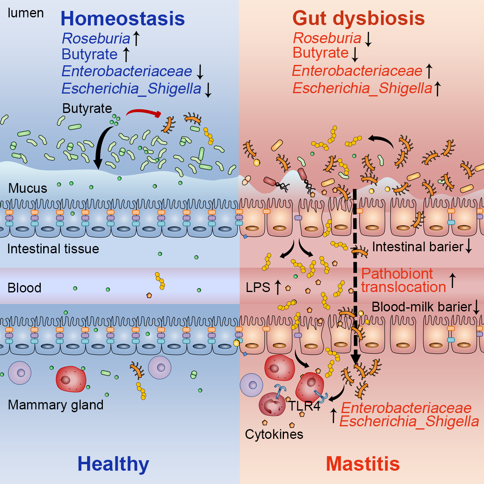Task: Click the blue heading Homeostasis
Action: [123, 19]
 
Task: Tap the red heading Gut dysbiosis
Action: [358, 18]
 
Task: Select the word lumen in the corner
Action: [25, 13]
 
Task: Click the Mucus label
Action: [27, 188]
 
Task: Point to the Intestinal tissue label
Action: [53, 248]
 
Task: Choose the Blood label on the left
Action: [24, 288]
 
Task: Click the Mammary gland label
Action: [56, 405]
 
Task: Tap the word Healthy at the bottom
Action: [113, 463]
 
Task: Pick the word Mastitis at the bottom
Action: [363, 463]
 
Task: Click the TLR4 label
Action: [304, 406]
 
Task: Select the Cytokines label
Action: [274, 434]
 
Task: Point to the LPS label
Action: [258, 287]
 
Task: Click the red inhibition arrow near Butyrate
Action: [143, 113]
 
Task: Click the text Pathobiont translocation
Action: [403, 280]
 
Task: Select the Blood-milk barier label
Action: [421, 307]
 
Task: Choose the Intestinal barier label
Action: [417, 246]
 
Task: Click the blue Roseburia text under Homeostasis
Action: [96, 38]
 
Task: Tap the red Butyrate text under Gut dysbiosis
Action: [320, 53]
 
